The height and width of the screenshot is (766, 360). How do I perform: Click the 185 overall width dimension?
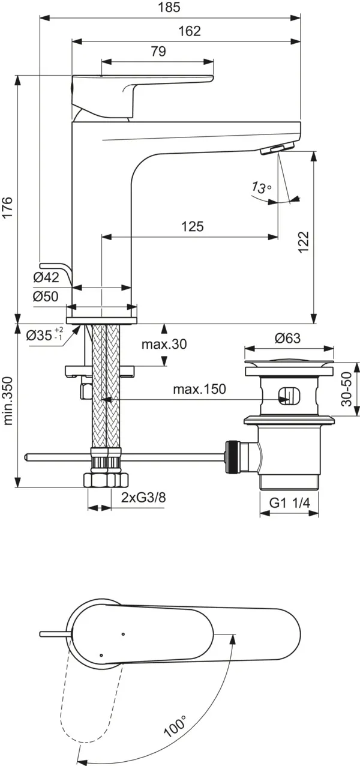[x=170, y=8]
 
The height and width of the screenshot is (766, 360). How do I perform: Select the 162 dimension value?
[x=190, y=32]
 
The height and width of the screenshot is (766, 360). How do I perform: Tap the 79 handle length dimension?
[x=158, y=52]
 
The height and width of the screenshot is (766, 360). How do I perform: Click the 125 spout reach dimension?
[x=192, y=226]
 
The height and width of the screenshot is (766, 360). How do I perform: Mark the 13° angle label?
[x=262, y=187]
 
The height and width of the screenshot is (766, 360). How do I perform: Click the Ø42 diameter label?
[x=46, y=277]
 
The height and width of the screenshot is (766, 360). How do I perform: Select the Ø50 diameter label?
[x=46, y=297]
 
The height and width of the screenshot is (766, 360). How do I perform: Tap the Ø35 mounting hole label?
[x=45, y=335]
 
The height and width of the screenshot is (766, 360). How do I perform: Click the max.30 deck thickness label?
[x=164, y=345]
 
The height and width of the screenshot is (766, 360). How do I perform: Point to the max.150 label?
[x=199, y=389]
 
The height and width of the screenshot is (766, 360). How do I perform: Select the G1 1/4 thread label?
[x=289, y=504]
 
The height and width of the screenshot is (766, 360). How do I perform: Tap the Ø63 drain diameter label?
[x=287, y=339]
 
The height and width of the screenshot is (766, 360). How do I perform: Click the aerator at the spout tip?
[x=271, y=149]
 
